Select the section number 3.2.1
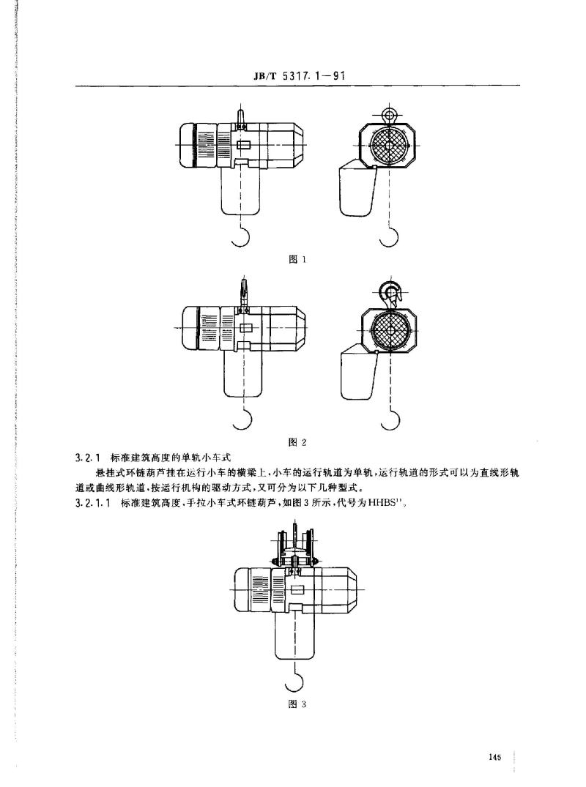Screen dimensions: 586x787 [x=89, y=458]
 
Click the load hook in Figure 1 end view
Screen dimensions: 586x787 [x=389, y=237]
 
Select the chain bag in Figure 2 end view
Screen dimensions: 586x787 [x=358, y=373]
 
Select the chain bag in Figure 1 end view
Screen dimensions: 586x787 [x=357, y=189]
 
